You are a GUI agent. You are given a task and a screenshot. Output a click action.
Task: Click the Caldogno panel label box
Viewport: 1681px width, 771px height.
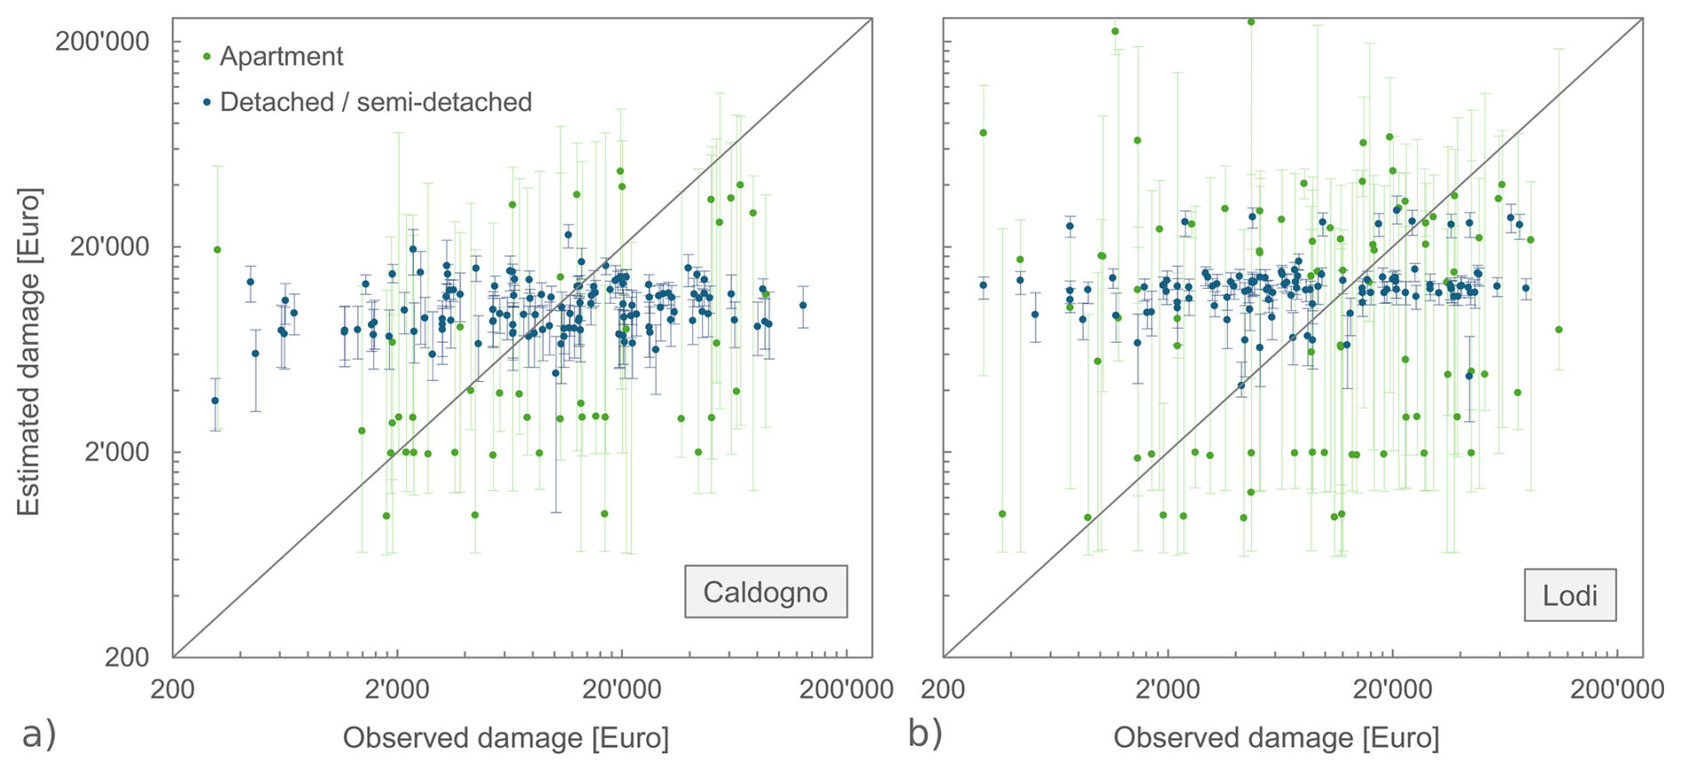(765, 592)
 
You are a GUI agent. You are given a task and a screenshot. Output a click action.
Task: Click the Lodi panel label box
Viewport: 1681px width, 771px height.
(1570, 595)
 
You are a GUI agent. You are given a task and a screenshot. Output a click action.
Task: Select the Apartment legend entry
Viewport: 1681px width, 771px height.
(281, 57)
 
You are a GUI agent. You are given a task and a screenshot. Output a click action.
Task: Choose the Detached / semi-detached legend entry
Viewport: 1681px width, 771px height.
(375, 103)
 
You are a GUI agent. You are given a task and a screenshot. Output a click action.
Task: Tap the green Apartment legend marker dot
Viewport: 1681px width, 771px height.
(207, 57)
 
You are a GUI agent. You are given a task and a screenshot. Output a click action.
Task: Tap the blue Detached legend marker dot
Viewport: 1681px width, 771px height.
(207, 103)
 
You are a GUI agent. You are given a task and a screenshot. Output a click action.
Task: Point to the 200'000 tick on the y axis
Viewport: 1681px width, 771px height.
(102, 42)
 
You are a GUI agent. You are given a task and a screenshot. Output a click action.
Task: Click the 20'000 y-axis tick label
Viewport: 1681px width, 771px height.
(110, 247)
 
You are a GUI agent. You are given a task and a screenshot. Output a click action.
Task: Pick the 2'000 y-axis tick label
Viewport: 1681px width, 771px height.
(117, 452)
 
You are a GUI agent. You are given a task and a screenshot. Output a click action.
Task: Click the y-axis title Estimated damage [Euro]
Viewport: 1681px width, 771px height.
(28, 351)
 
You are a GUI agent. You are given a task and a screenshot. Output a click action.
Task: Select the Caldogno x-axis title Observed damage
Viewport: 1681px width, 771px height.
(506, 737)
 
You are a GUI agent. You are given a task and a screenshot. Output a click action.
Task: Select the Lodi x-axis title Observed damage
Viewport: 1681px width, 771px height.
(1276, 737)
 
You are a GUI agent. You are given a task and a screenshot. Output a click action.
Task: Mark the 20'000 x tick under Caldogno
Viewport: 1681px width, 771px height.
(622, 689)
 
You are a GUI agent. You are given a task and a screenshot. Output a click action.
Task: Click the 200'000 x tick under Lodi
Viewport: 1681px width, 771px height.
(1617, 689)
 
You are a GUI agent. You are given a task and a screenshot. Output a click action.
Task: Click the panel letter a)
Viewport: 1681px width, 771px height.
(39, 735)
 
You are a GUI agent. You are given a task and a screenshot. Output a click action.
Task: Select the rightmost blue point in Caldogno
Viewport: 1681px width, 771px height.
(802, 305)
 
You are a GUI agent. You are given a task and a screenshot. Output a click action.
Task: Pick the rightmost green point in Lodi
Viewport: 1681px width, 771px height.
(1558, 330)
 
